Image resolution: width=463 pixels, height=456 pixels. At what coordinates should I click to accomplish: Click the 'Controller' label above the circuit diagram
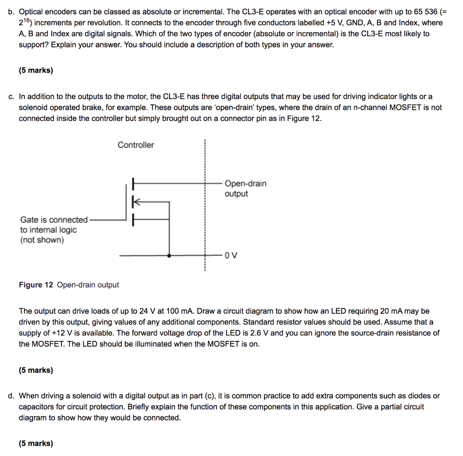click(x=136, y=145)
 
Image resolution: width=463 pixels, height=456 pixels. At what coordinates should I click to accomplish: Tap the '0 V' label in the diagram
click(x=231, y=256)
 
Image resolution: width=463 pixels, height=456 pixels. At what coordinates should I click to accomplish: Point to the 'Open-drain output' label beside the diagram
click(x=245, y=189)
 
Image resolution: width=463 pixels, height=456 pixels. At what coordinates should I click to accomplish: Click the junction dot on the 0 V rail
click(x=169, y=256)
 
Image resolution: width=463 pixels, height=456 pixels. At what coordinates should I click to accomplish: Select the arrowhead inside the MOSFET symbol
click(x=135, y=202)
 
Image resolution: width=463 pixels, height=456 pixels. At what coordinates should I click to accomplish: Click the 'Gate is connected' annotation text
click(x=54, y=220)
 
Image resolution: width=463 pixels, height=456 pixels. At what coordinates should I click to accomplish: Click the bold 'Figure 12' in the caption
click(x=36, y=285)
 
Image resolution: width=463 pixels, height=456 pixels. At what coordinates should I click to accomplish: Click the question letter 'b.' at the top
click(x=11, y=12)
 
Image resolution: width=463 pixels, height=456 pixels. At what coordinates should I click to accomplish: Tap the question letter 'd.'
click(x=11, y=396)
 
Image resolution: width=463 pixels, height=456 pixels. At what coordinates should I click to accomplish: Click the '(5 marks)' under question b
click(x=36, y=70)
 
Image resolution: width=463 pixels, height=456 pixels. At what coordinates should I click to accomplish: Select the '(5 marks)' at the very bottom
click(x=36, y=443)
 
